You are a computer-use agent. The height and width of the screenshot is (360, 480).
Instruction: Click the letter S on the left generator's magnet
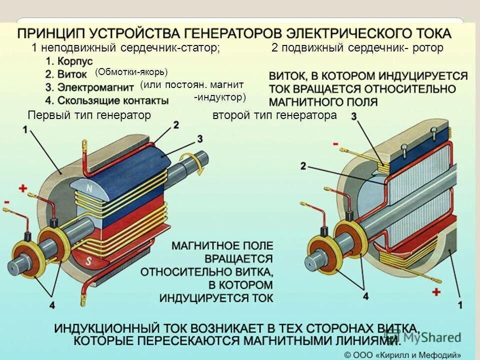(88, 261)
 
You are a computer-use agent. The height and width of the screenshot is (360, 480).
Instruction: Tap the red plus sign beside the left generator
(22, 188)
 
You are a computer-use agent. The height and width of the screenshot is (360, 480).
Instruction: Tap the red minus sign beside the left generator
(6, 202)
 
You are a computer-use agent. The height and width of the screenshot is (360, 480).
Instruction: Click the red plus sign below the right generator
(436, 291)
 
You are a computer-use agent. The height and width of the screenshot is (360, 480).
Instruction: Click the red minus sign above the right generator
(335, 144)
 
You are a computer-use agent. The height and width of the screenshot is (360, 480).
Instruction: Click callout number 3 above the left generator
(199, 138)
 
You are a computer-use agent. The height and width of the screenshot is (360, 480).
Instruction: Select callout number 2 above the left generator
(176, 124)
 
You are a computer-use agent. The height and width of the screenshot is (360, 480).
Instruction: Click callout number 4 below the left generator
(52, 305)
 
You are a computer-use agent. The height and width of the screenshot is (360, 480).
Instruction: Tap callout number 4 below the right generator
(365, 296)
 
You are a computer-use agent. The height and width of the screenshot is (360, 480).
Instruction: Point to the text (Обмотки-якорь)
(131, 72)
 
